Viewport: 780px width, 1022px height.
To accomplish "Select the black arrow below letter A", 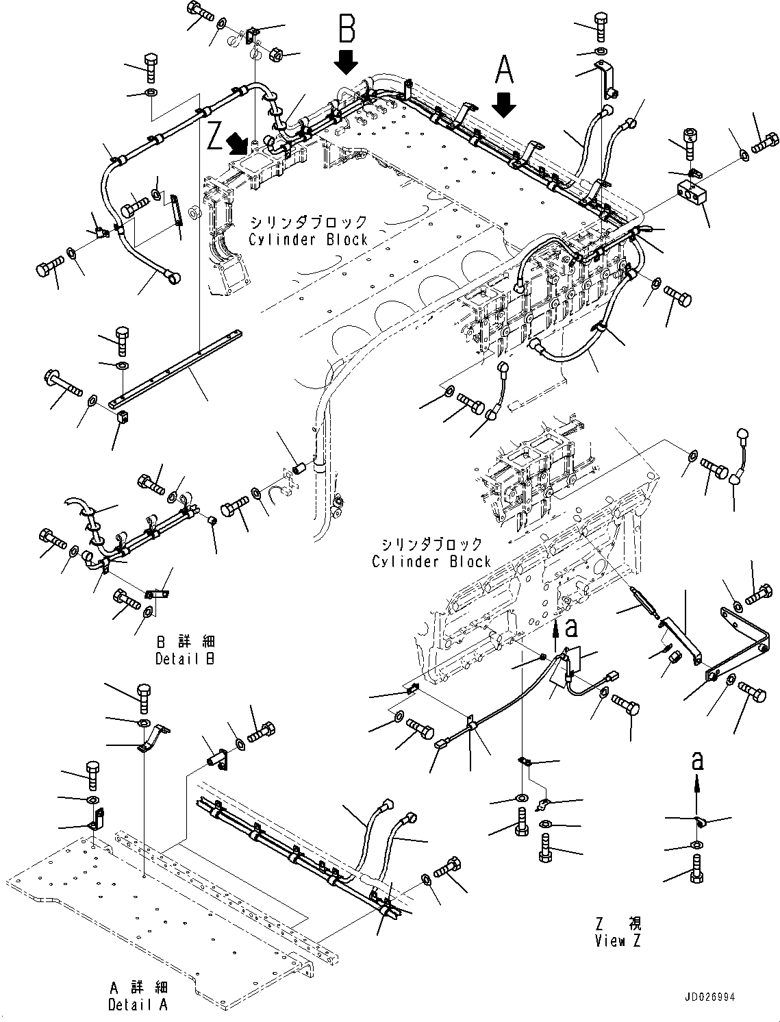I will [504, 104].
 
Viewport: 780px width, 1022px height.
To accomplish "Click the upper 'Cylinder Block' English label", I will [308, 240].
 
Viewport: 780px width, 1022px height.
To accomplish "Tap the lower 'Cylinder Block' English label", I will [431, 562].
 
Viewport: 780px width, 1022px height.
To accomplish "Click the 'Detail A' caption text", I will [137, 1005].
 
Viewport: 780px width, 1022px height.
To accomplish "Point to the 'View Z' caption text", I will [618, 940].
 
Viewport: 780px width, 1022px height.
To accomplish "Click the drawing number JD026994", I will [707, 997].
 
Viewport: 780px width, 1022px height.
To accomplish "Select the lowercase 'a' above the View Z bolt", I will [696, 760].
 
